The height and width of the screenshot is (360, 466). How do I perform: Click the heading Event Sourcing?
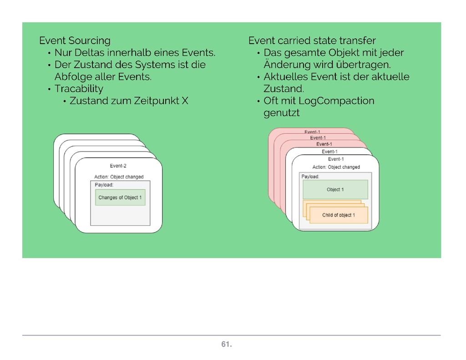coord(75,41)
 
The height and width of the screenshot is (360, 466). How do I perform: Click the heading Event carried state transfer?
coord(312,41)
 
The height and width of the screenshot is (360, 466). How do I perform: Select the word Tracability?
coord(79,88)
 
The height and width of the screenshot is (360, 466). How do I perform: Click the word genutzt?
coord(281,113)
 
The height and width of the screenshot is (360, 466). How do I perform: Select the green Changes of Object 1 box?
coord(120,198)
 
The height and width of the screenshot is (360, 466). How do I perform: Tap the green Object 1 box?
coord(335,189)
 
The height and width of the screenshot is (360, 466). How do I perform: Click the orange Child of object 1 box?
coord(338,215)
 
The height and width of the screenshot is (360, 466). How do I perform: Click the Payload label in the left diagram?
coord(104,185)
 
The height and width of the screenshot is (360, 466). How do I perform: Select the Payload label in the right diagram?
coord(310,176)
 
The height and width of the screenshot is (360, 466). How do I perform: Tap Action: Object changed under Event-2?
coord(119,177)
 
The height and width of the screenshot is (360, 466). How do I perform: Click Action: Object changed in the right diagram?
coord(336,167)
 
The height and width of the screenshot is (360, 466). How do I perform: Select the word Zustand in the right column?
coord(283,88)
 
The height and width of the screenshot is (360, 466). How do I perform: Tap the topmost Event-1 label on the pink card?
coord(312,132)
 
